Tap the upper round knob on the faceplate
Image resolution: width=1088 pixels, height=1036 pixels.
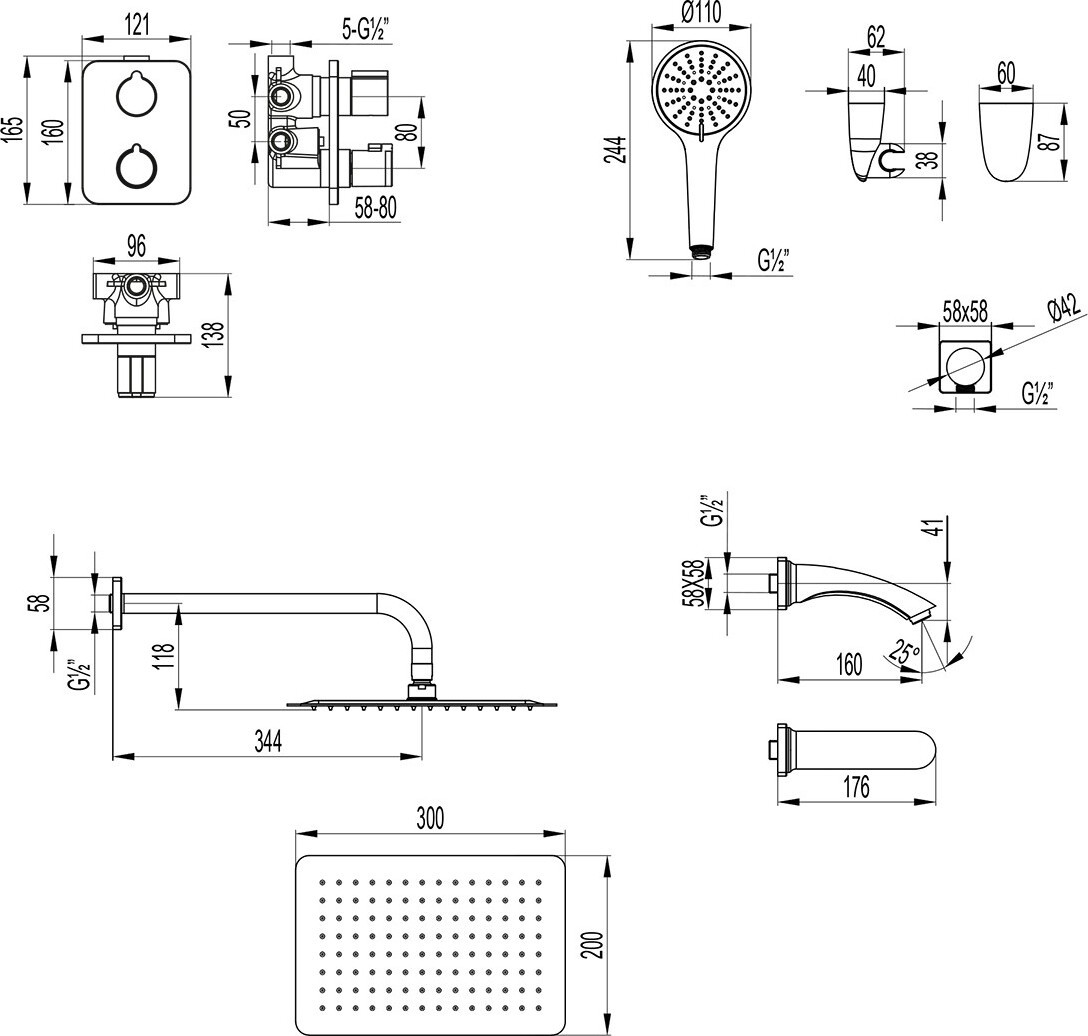tap(134, 94)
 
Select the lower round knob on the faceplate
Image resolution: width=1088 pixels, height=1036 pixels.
tap(134, 166)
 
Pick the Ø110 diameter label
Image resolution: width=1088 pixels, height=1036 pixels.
tap(702, 14)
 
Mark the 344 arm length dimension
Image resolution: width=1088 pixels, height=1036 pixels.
tap(268, 741)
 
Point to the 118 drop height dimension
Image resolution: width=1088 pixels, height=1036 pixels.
tap(166, 656)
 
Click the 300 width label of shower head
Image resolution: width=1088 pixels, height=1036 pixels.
tap(429, 818)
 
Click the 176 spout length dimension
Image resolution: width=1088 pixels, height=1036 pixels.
tap(856, 787)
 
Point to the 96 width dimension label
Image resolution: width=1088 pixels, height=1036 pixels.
tap(137, 244)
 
